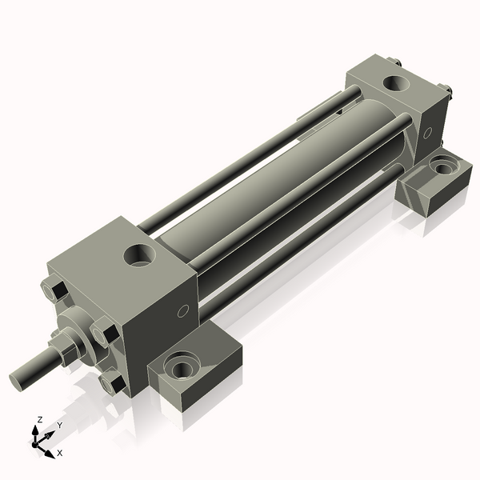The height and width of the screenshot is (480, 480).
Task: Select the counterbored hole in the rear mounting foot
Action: (441, 167)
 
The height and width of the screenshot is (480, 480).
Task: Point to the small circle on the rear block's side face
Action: (427, 131)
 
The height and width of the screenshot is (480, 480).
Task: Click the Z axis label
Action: (40, 419)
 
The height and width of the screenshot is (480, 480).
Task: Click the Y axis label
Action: (59, 426)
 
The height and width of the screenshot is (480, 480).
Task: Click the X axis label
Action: (59, 453)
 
